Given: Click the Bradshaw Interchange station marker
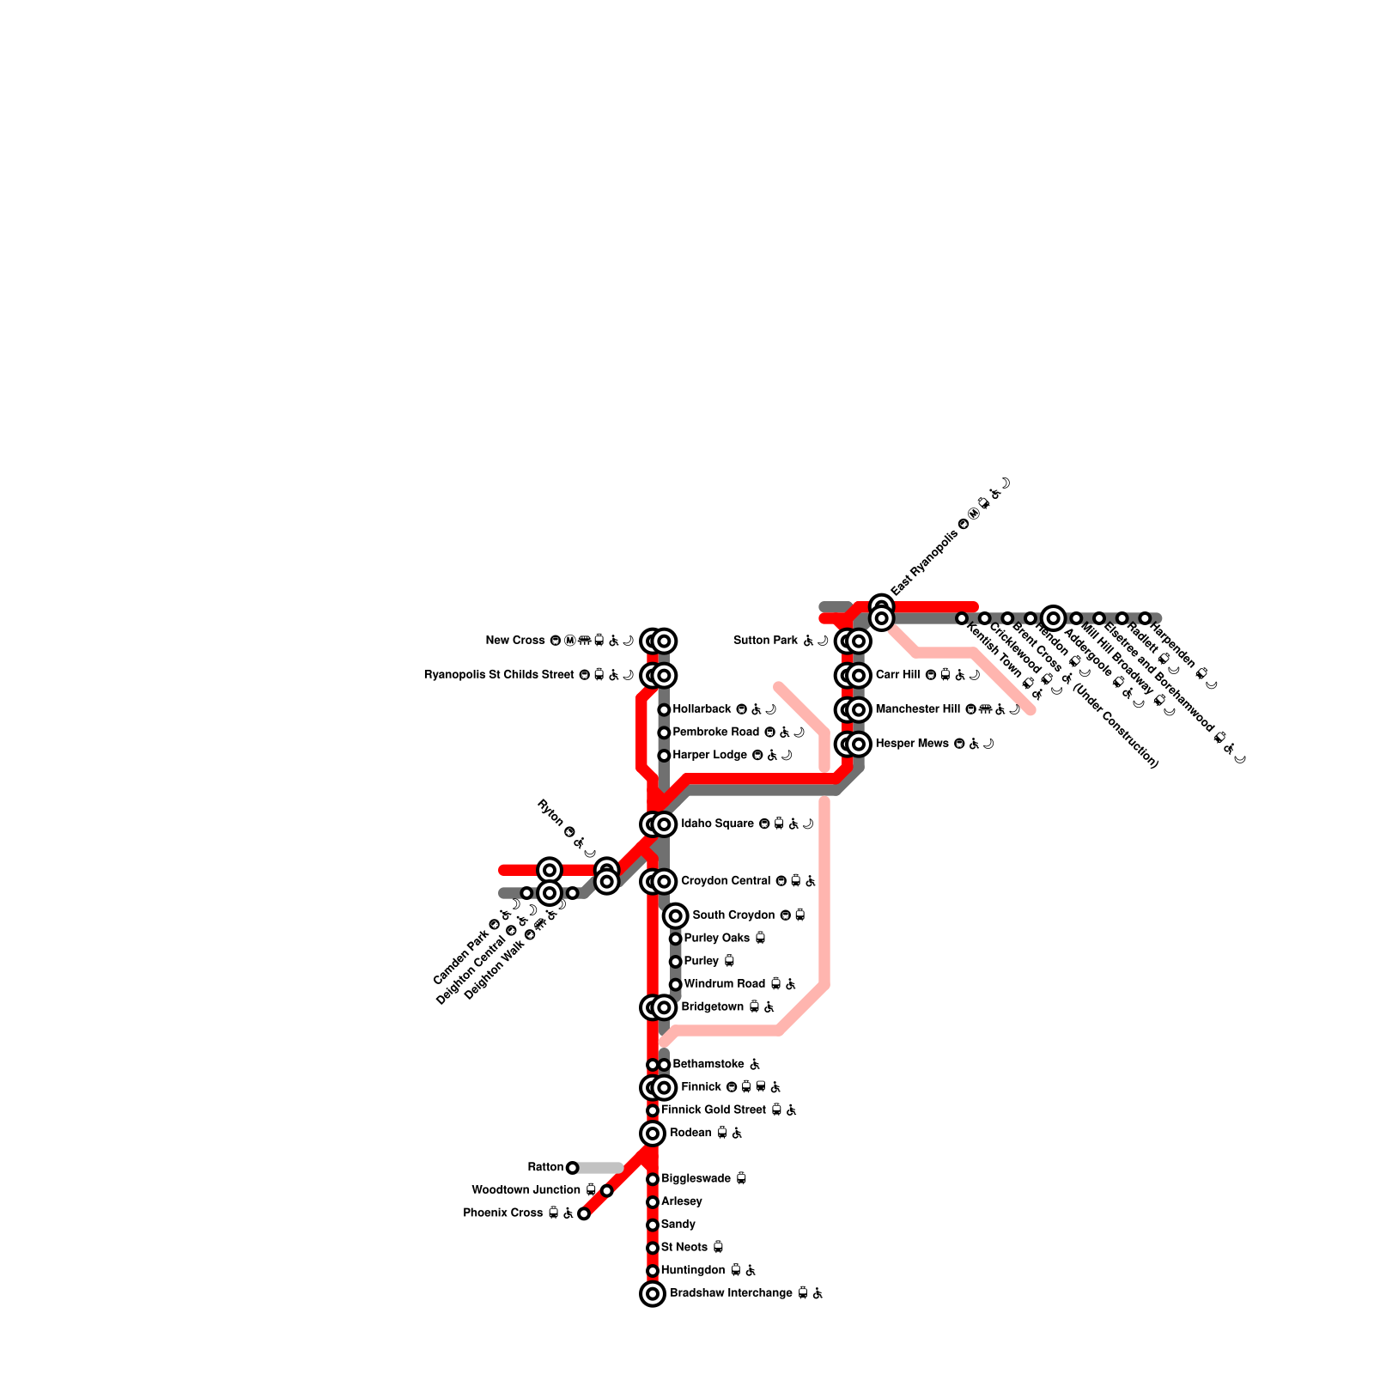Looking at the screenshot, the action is (x=653, y=1293).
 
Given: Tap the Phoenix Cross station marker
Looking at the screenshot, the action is (x=584, y=1213).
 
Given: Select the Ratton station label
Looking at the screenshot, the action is (x=545, y=1167).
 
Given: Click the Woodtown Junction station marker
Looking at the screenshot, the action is (x=607, y=1190).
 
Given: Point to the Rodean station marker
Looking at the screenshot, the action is (x=653, y=1134).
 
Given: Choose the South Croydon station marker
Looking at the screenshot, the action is (x=676, y=915).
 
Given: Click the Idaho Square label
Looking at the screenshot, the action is (x=717, y=824).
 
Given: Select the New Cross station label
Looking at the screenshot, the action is (x=516, y=641).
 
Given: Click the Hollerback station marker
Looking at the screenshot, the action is (x=664, y=709).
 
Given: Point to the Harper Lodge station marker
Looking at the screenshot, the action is (x=664, y=756).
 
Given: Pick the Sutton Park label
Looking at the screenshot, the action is (x=766, y=641).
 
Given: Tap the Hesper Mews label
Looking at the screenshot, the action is (x=912, y=744).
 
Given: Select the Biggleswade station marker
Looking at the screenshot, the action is (x=653, y=1179).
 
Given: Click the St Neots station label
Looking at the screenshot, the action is (x=684, y=1247).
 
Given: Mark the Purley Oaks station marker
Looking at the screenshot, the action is (x=676, y=939).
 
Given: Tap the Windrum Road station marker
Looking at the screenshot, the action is (x=676, y=984).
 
